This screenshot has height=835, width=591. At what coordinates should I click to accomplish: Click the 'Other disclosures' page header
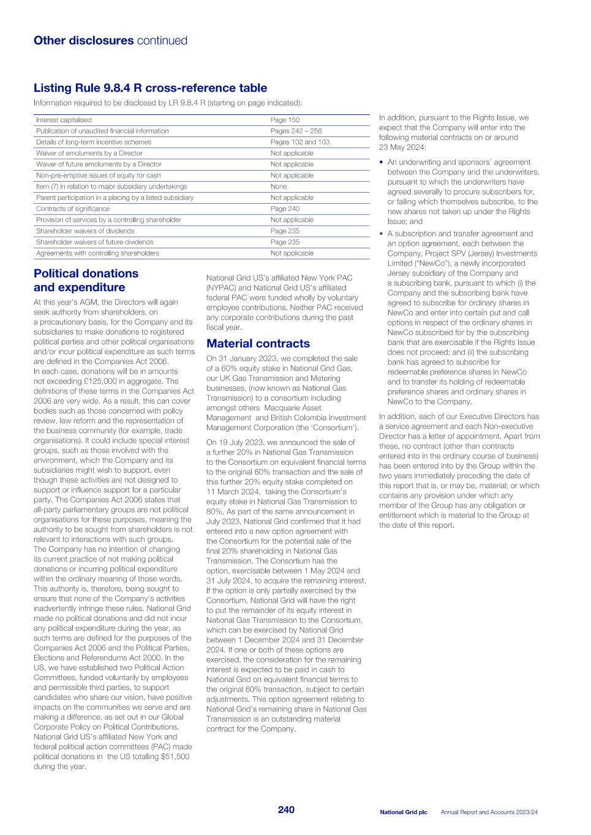[x=83, y=41]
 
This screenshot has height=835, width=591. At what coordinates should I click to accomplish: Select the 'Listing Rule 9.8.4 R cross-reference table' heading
[x=150, y=88]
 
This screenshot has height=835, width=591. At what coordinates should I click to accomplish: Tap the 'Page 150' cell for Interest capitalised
[x=285, y=120]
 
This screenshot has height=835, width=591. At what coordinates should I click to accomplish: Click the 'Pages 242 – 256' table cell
[x=296, y=131]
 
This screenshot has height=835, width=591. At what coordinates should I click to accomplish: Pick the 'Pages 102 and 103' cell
[x=299, y=142]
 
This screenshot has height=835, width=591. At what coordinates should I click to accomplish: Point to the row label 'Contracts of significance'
[x=73, y=209]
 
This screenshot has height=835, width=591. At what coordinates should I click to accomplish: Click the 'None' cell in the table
[x=279, y=187]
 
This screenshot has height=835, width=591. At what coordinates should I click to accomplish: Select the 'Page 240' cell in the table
[x=285, y=209]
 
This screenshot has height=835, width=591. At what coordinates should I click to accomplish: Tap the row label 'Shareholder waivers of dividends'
[x=85, y=231]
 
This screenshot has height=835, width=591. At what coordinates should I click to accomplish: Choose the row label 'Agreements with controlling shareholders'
[x=97, y=253]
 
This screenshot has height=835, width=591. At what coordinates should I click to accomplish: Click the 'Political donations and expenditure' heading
[x=86, y=280]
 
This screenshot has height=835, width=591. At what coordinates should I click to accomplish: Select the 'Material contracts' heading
[x=258, y=344]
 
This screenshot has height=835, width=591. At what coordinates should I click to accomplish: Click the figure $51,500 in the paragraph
[x=174, y=757]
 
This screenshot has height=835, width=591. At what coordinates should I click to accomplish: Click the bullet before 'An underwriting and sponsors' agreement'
[x=382, y=163]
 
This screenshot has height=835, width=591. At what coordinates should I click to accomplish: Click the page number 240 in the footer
[x=286, y=810]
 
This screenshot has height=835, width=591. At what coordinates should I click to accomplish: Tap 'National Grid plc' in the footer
[x=403, y=812]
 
